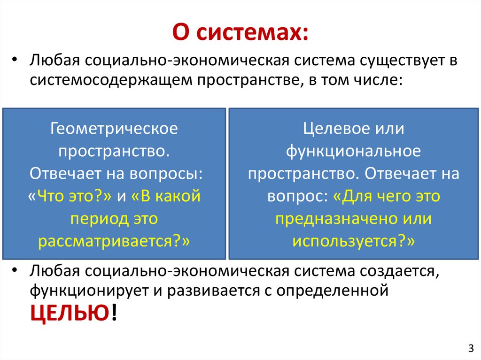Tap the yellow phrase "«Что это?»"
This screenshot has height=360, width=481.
pyautogui.click(x=70, y=196)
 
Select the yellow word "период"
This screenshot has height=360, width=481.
pyautogui.click(x=97, y=219)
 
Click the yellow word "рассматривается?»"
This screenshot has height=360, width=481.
pyautogui.click(x=114, y=241)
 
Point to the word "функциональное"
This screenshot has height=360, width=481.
pyautogui.click(x=353, y=151)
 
